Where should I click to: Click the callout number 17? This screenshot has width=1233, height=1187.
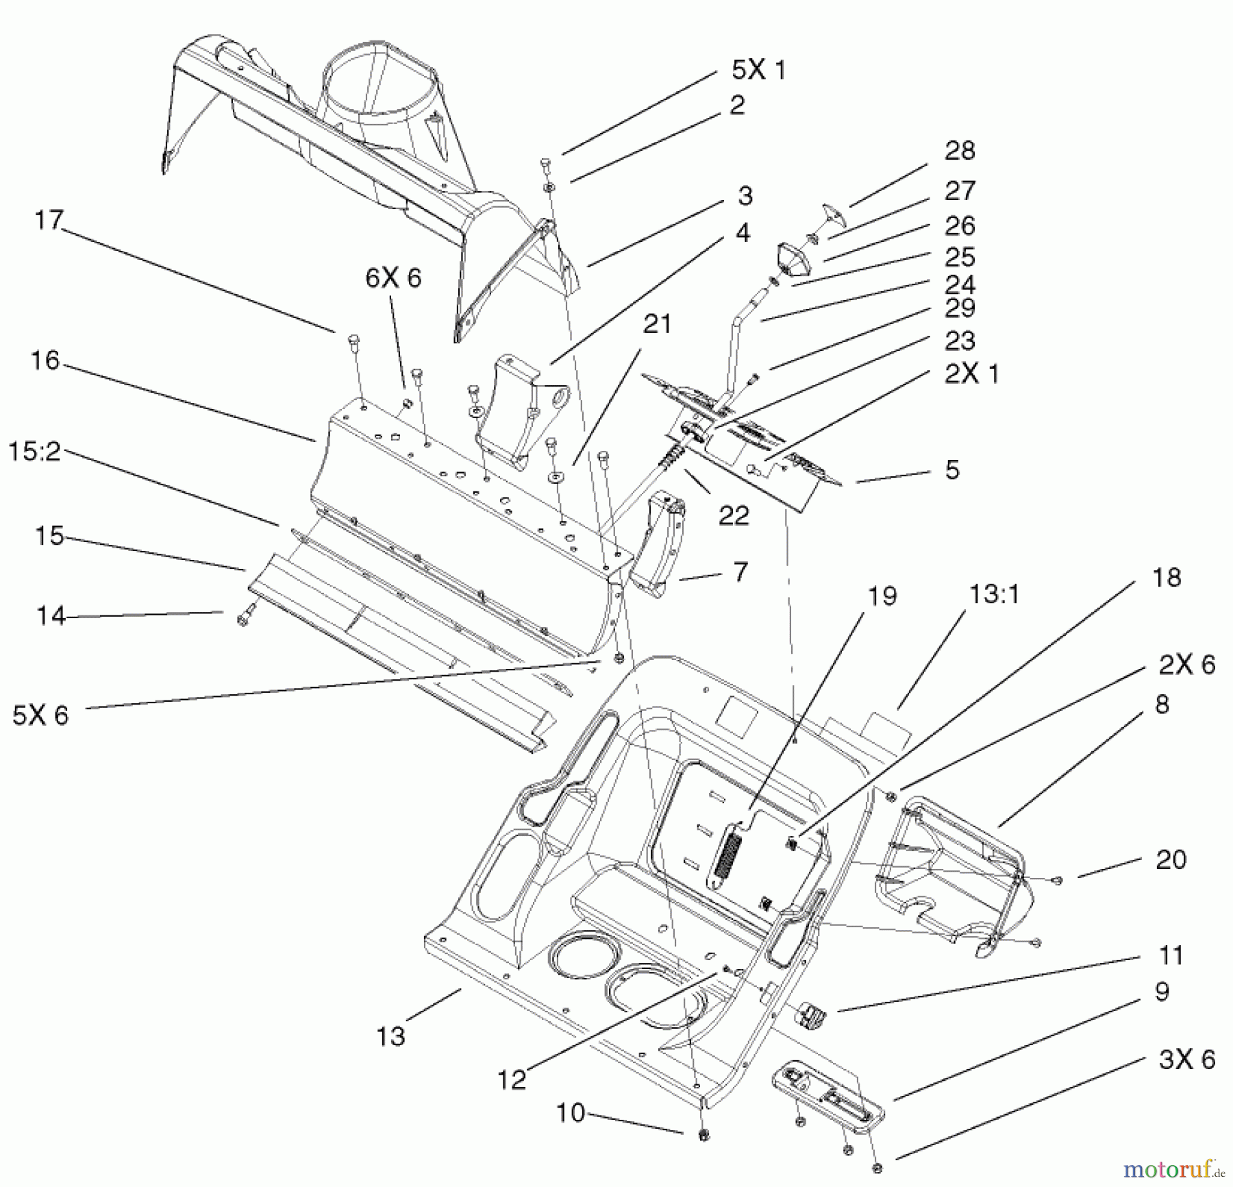coord(49,221)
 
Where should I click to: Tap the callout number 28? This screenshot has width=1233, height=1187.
coord(959,151)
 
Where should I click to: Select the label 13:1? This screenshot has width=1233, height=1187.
coord(993,594)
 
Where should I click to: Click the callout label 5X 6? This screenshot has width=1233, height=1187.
coord(40,715)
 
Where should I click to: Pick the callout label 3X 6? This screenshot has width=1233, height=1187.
coord(1187,1060)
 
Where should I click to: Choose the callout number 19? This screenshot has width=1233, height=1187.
coord(882,596)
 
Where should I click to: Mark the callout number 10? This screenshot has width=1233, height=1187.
coord(570,1113)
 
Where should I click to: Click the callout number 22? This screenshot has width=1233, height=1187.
coord(734,515)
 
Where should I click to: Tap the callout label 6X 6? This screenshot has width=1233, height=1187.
coord(393,278)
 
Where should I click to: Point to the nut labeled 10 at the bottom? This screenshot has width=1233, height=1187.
coord(702,1135)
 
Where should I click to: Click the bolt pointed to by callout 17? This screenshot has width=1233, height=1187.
coord(354,343)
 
